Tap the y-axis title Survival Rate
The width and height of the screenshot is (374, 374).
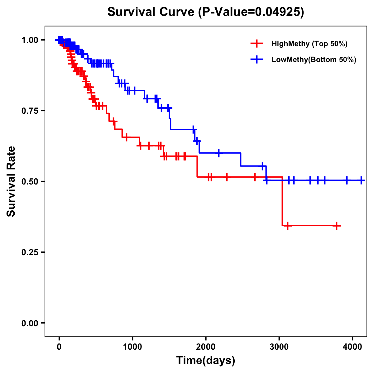(x=11, y=181)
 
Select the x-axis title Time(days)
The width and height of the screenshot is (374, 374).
(x=205, y=361)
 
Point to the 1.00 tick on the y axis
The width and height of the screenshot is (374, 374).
(x=30, y=40)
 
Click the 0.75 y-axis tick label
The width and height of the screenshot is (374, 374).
(x=30, y=111)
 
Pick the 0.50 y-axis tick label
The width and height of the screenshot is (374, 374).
(x=30, y=181)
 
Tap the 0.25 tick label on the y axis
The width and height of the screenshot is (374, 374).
(x=30, y=252)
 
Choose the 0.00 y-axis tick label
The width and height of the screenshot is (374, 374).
(x=30, y=323)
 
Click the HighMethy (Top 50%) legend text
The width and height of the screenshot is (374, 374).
(x=309, y=44)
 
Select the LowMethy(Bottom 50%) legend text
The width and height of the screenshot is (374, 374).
(x=314, y=60)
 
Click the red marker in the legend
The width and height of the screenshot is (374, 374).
(x=257, y=44)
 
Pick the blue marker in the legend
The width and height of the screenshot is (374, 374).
(x=257, y=60)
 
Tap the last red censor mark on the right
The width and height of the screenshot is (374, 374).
(x=337, y=226)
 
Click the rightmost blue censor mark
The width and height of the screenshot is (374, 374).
(x=361, y=180)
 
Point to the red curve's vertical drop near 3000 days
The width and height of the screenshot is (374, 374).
(x=282, y=201)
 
